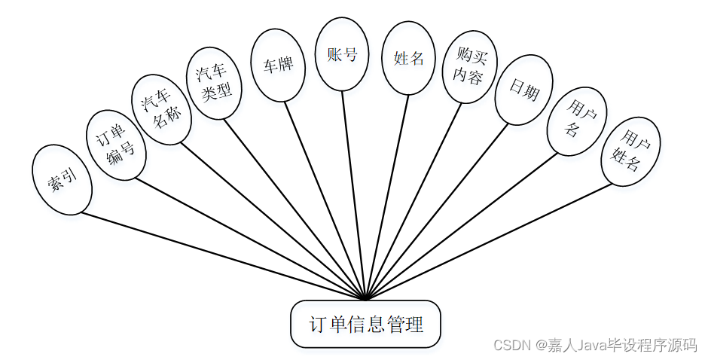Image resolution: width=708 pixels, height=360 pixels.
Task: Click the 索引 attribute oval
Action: coord(62,179)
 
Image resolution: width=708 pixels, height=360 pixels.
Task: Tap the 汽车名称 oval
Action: coord(161,109)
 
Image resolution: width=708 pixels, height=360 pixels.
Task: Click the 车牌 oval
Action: coord(278,65)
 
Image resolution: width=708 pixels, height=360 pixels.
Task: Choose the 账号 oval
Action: coord(342,54)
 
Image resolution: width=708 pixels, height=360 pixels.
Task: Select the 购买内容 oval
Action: coord(470,67)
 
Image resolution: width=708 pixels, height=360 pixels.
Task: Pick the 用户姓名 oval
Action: coord(630,151)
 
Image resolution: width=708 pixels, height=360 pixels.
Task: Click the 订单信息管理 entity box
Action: coord(365,325)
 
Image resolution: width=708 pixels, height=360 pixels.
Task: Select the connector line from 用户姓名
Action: coord(490,240)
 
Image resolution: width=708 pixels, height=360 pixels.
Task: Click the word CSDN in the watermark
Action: coord(511,345)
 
